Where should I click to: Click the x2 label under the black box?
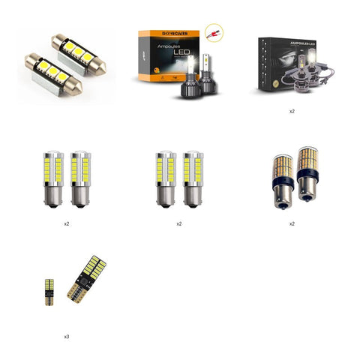pos(292,110)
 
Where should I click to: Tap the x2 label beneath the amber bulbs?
pos(292,224)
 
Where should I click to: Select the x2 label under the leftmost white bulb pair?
pos(67,224)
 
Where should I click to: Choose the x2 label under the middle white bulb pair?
pos(179,224)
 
